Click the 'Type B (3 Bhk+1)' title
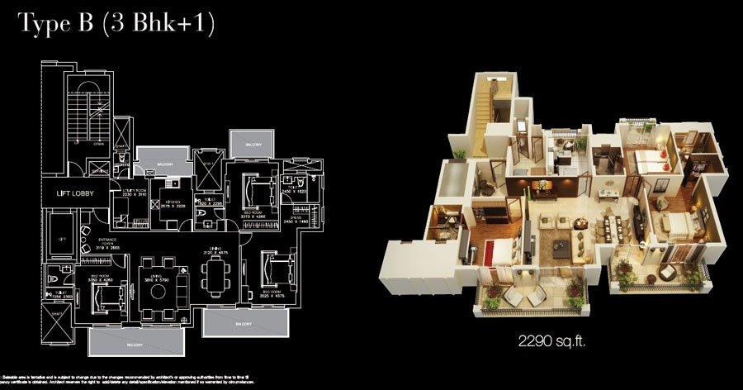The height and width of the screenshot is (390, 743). coord(116,25)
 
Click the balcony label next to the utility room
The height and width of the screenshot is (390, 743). coord(163,164)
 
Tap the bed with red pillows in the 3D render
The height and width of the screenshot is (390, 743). coord(648,162)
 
